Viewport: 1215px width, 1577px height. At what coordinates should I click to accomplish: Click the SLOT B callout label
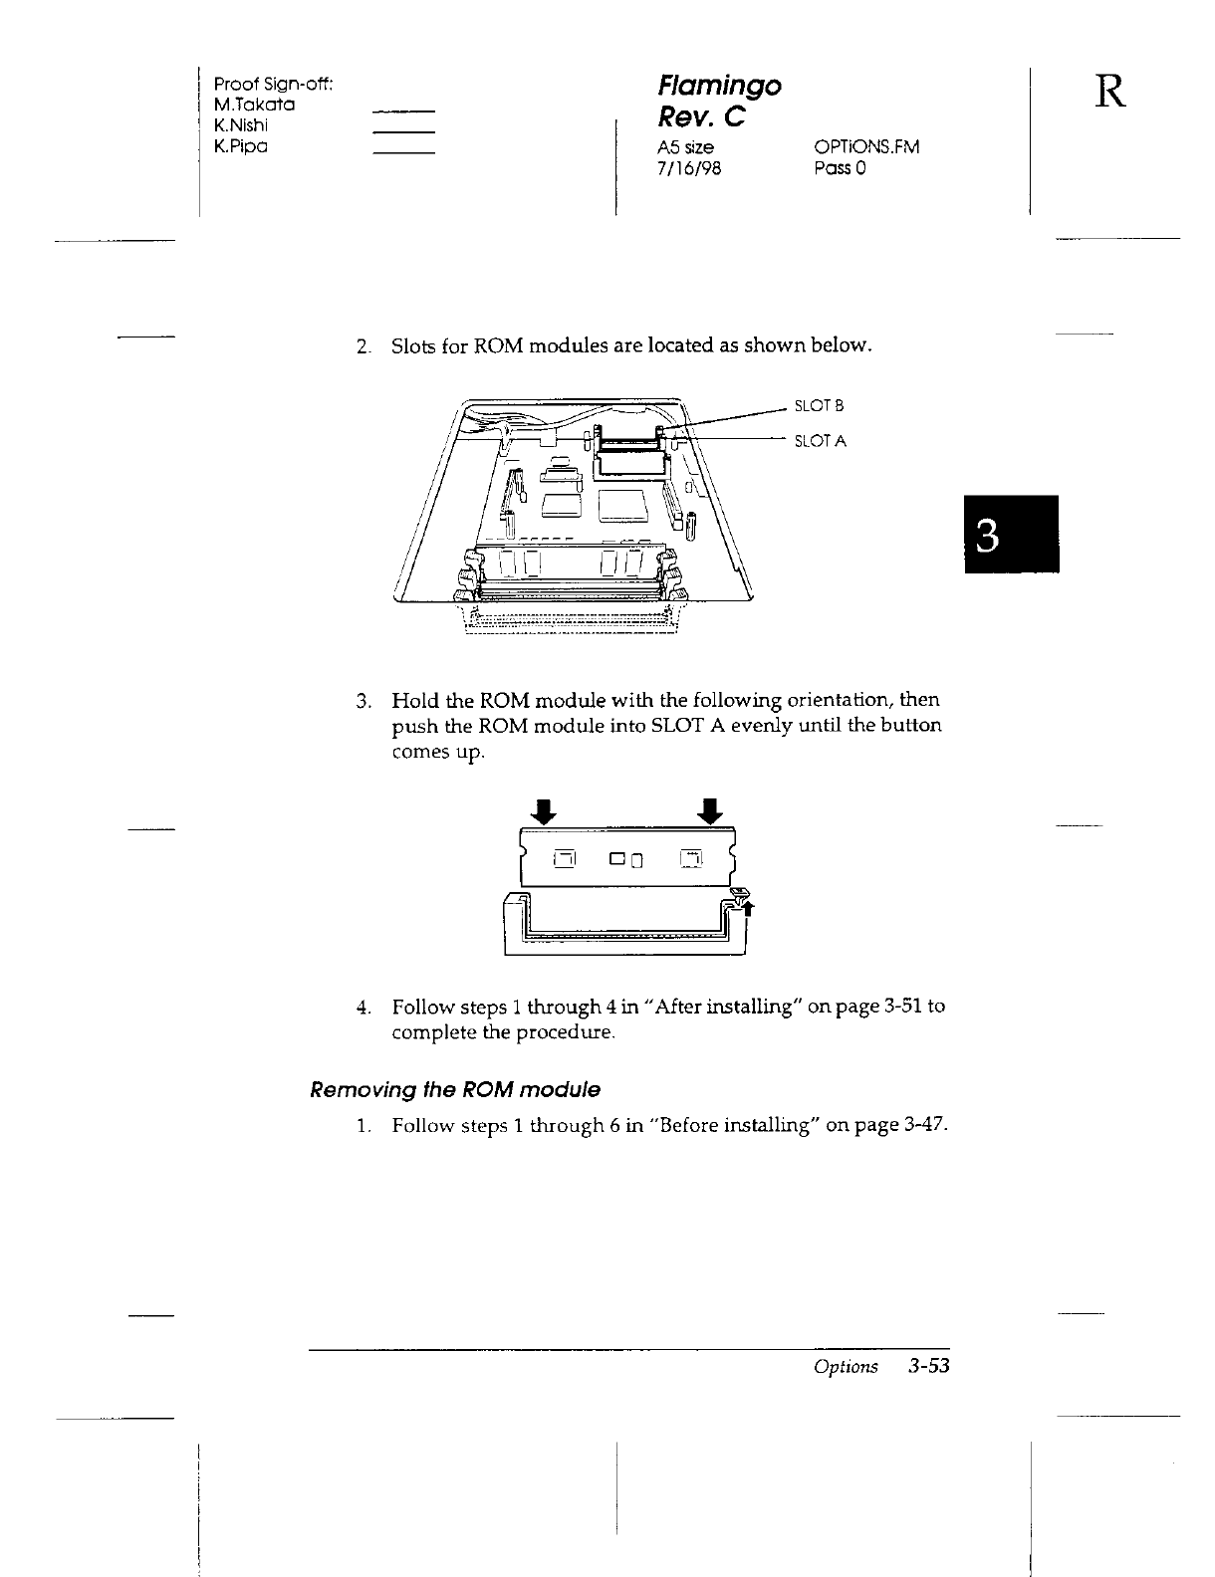pyautogui.click(x=819, y=405)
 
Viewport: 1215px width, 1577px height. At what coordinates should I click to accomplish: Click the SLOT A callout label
pyautogui.click(x=820, y=441)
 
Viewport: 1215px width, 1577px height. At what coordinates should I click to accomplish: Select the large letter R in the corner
pyautogui.click(x=1112, y=92)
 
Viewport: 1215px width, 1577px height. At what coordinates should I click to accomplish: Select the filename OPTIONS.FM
pyautogui.click(x=866, y=147)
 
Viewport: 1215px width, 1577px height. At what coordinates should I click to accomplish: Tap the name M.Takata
pyautogui.click(x=254, y=105)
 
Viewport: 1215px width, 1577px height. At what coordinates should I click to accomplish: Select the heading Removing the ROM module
pyautogui.click(x=455, y=1089)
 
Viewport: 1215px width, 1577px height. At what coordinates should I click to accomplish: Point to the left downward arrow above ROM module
pyautogui.click(x=545, y=811)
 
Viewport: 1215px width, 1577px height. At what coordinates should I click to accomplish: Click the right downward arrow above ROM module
pyautogui.click(x=710, y=811)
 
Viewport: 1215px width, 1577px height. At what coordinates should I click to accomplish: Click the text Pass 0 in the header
pyautogui.click(x=841, y=168)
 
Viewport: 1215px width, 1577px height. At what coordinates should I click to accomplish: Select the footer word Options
pyautogui.click(x=846, y=1367)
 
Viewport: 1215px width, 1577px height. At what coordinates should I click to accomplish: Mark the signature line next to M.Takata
pyautogui.click(x=403, y=110)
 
